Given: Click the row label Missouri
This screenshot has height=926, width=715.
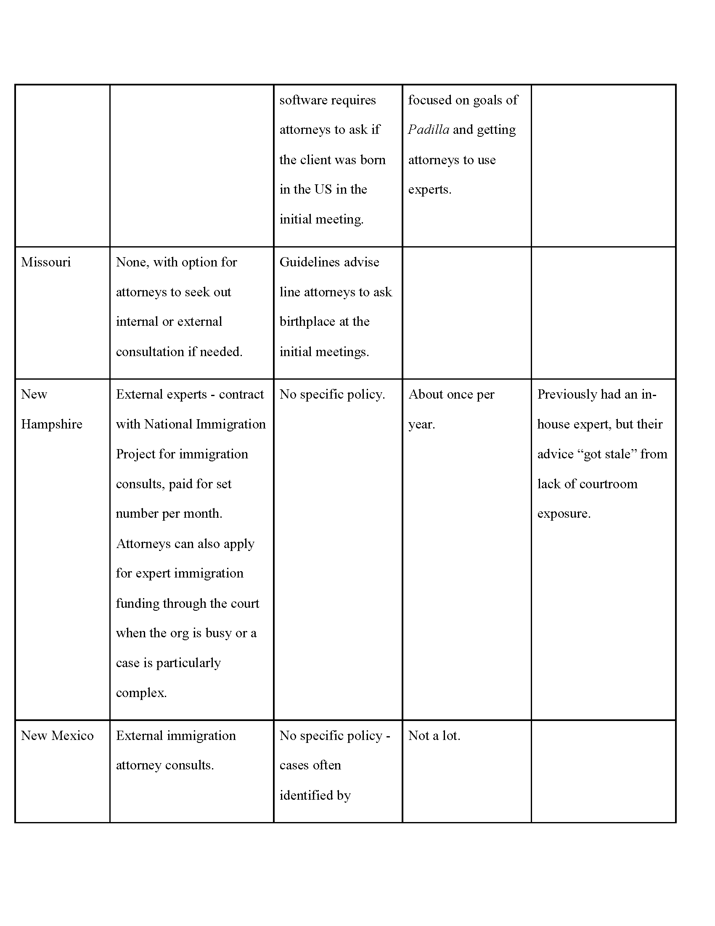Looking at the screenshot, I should (46, 262).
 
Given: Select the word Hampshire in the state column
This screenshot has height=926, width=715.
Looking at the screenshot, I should (52, 424).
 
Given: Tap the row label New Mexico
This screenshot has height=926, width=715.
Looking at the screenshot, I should (57, 735).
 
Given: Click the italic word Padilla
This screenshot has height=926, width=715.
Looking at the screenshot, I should (428, 130).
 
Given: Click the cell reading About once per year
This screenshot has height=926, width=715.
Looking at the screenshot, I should (451, 409).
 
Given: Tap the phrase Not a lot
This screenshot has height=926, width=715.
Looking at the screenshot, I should (434, 735).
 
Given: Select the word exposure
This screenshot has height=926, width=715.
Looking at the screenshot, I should (563, 514).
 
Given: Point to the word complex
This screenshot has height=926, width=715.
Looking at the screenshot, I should (140, 693).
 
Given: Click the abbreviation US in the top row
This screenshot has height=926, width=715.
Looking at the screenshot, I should (323, 189).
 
